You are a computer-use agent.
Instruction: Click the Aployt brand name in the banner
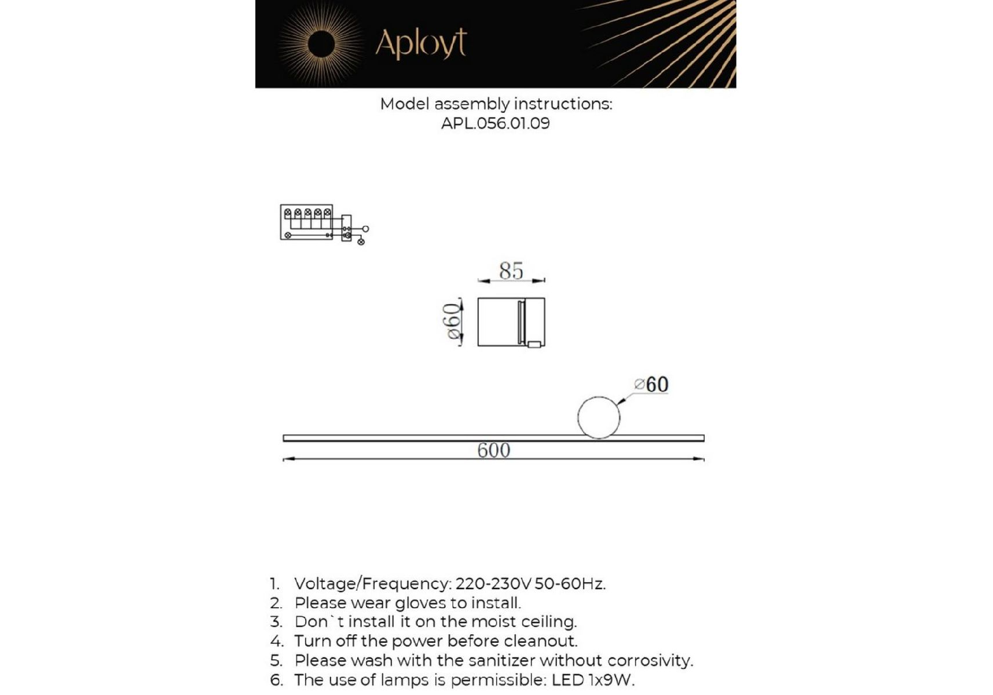[x=421, y=43]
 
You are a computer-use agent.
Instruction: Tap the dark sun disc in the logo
[x=321, y=45]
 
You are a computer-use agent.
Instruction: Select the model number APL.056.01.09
[x=495, y=123]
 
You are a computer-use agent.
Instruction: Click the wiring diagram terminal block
[x=307, y=221]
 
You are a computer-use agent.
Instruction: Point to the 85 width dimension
[x=511, y=270]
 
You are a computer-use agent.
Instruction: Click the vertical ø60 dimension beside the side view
[x=452, y=322]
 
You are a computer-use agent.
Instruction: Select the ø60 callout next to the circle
[x=651, y=384]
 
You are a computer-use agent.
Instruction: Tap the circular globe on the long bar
[x=599, y=417]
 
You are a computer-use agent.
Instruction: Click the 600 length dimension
[x=493, y=451]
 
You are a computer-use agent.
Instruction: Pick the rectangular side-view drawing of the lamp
[x=511, y=322]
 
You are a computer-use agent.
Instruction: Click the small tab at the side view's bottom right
[x=534, y=345]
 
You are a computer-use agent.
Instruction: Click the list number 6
[x=276, y=680]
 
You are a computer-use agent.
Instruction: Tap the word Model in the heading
[x=405, y=104]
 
